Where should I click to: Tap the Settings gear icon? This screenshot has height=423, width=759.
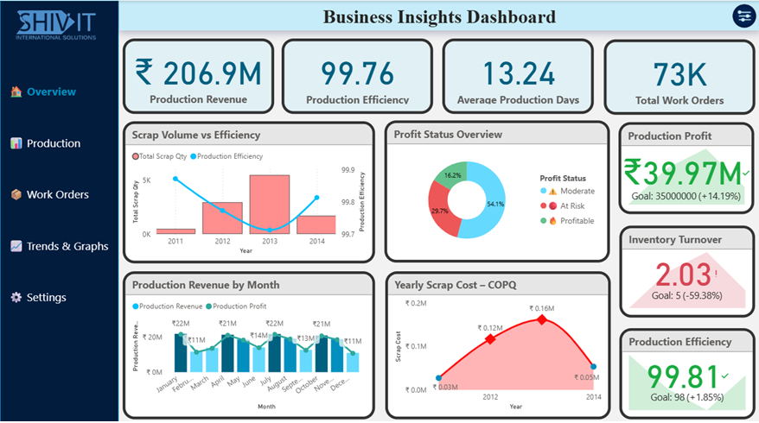pos(16,298)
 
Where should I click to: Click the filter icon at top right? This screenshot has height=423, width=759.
pos(743,16)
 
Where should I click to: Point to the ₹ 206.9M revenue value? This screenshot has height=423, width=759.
pos(198,73)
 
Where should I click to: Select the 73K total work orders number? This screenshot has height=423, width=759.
pos(679,73)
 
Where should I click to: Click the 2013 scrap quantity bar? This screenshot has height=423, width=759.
pos(270,205)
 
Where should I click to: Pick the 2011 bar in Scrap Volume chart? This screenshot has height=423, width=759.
pos(175,230)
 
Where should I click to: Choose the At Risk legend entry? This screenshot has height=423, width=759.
pos(571,205)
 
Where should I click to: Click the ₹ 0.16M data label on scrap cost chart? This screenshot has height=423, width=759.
pos(542,308)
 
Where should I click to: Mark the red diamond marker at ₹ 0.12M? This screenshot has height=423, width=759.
pos(490,339)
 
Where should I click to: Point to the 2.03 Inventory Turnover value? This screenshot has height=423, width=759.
pos(675,276)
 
